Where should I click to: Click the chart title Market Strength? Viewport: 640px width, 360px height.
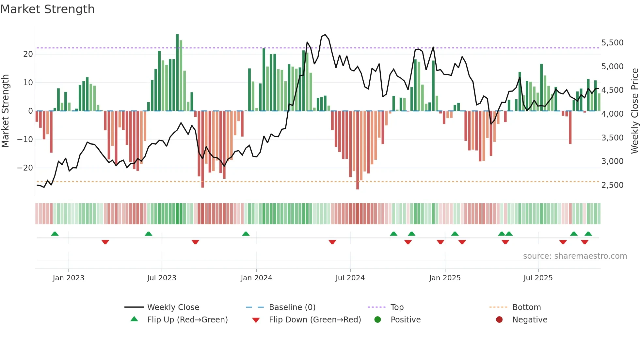pyautogui.click(x=47, y=9)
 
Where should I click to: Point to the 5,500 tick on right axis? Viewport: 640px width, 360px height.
pyautogui.click(x=612, y=43)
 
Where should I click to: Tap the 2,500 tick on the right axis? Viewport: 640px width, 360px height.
pyautogui.click(x=612, y=185)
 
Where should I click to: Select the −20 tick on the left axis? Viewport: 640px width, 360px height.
pyautogui.click(x=25, y=168)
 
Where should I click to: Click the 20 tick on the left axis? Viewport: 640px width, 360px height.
pyautogui.click(x=28, y=54)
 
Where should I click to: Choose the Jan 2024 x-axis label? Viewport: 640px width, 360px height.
pyautogui.click(x=256, y=278)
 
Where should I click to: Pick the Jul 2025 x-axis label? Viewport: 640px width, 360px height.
pyautogui.click(x=538, y=278)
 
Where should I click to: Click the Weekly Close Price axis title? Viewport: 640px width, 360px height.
pyautogui.click(x=634, y=111)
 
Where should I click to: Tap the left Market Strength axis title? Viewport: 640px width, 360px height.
pyautogui.click(x=6, y=111)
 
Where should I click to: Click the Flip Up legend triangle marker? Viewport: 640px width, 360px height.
pyautogui.click(x=134, y=319)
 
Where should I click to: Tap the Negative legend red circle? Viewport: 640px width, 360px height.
pyautogui.click(x=499, y=319)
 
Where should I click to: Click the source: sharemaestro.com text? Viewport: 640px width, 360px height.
pyautogui.click(x=575, y=256)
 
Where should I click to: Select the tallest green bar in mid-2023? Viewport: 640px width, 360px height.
pyautogui.click(x=177, y=72)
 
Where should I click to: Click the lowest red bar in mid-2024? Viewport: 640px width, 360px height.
pyautogui.click(x=358, y=150)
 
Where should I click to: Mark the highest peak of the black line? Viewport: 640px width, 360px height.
pyautogui.click(x=325, y=35)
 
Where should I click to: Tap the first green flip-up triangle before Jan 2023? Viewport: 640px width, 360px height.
pyautogui.click(x=55, y=234)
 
